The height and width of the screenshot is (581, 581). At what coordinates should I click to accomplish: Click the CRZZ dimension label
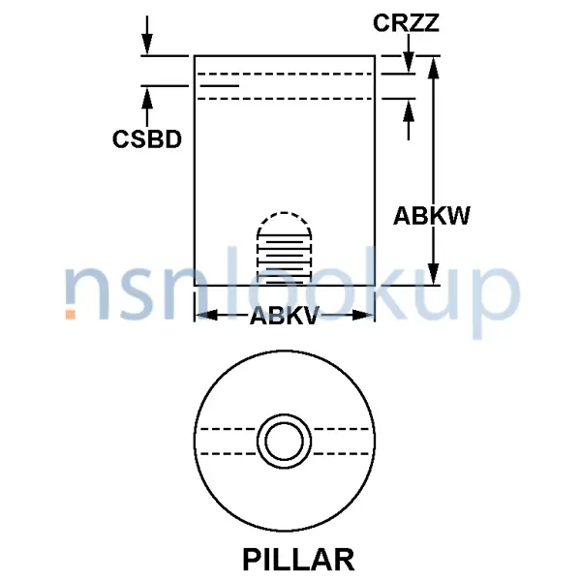408,21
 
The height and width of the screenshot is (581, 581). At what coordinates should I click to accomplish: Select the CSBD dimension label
146,138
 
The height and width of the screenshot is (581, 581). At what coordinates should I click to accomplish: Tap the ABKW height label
431,216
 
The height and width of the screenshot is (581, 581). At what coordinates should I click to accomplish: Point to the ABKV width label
284,316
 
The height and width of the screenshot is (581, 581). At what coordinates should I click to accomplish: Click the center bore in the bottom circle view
284,441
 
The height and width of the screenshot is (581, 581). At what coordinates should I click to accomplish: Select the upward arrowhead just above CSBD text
146,97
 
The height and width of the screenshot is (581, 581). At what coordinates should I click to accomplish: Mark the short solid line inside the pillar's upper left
218,86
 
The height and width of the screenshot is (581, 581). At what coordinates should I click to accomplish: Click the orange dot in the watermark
71,313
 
